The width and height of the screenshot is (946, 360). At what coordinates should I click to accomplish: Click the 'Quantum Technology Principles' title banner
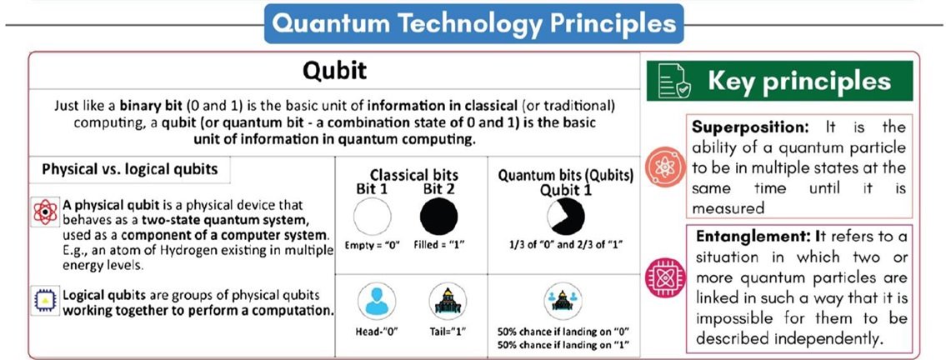(473, 24)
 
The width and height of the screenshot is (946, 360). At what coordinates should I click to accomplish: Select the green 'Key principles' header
(779, 81)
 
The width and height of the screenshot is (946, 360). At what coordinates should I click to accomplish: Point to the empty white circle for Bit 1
(373, 217)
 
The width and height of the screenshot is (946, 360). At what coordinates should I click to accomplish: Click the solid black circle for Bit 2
(438, 217)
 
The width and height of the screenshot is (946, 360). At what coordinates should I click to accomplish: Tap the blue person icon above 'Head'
(377, 301)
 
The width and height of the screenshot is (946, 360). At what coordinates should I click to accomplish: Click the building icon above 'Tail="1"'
(448, 301)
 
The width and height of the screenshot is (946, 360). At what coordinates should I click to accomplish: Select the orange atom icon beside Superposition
(665, 167)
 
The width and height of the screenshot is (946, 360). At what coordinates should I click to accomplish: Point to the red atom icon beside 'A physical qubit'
(45, 212)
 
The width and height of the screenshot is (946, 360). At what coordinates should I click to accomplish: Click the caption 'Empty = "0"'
(373, 246)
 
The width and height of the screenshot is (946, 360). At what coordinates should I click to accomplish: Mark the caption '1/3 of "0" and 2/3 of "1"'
(565, 246)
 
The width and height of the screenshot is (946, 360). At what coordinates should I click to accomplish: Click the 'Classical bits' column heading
(414, 176)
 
